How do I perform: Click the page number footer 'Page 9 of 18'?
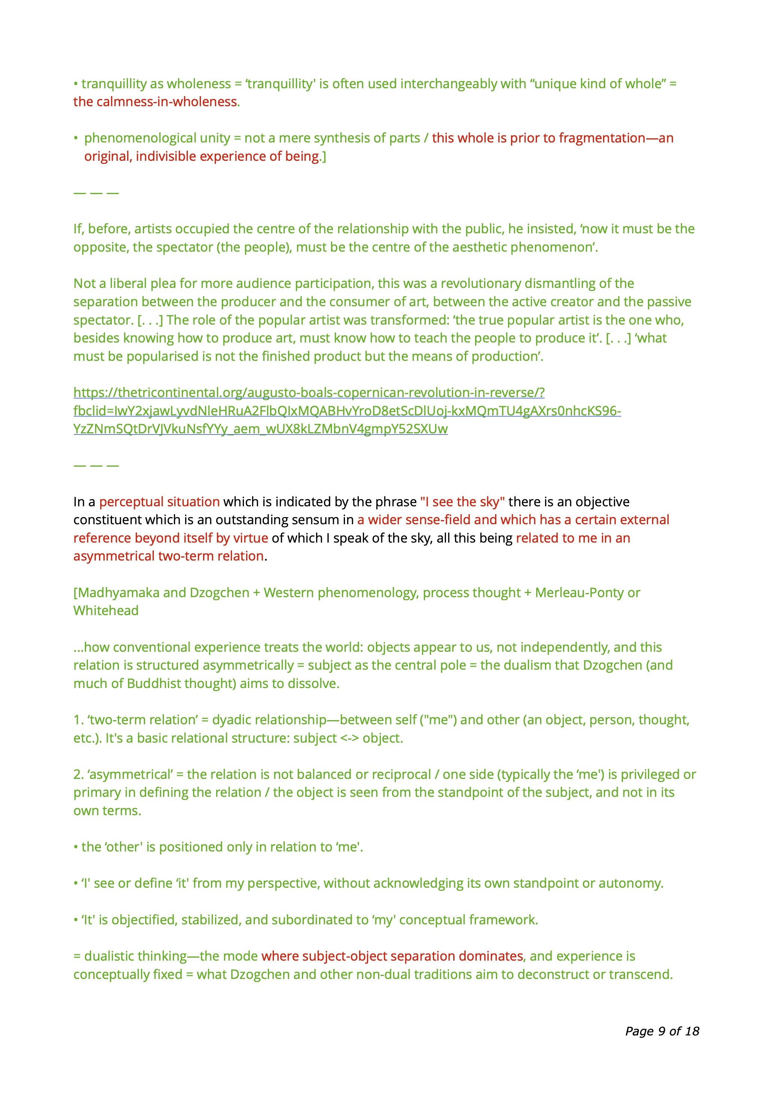[662, 1031]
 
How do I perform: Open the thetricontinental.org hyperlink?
[309, 393]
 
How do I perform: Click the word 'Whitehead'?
[106, 611]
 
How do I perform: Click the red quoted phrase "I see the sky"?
[462, 502]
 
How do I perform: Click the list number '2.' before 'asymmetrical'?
[79, 774]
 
